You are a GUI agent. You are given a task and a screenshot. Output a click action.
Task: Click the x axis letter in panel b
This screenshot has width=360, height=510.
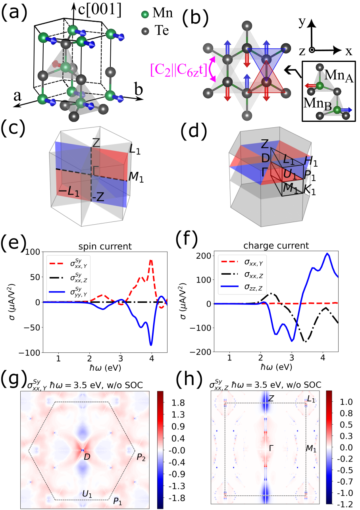348,51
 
